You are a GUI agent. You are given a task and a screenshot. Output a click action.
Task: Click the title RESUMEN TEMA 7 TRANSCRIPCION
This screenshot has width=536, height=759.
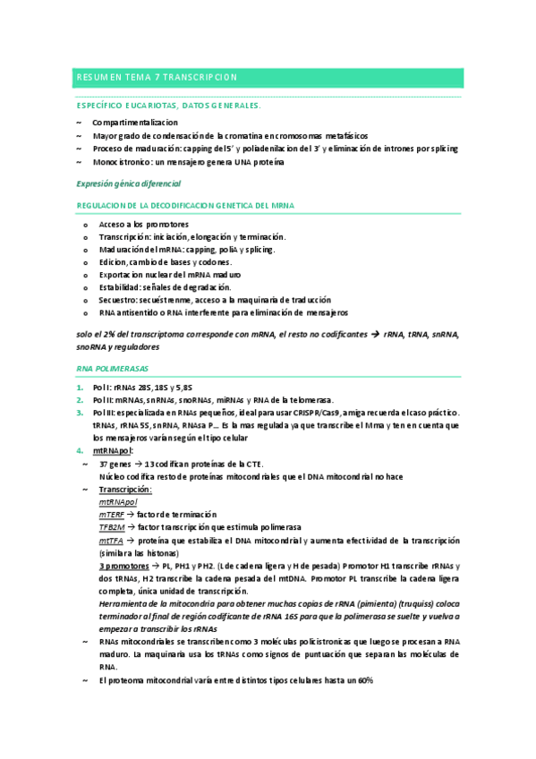coord(157,78)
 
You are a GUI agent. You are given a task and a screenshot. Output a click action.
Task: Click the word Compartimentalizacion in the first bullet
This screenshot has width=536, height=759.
coord(134,122)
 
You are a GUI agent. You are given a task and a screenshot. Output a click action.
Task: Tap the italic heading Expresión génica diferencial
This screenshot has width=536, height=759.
coord(129,183)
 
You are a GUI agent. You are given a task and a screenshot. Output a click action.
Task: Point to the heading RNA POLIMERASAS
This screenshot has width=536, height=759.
coord(113,368)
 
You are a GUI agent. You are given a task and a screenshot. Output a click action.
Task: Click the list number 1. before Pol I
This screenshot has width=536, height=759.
coord(79,387)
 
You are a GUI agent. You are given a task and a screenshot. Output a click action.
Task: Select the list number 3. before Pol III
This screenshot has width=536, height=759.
coord(79,413)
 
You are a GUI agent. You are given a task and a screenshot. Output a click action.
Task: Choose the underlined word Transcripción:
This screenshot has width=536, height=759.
coord(125,490)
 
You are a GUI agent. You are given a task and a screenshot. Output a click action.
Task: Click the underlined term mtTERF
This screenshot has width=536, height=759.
coord(112,516)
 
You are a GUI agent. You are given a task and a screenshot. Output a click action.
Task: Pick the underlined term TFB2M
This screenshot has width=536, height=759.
coord(112,528)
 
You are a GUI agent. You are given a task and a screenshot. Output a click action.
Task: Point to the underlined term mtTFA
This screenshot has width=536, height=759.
coord(111,542)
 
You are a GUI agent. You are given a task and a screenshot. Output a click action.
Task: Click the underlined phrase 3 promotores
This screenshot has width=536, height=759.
coord(123,567)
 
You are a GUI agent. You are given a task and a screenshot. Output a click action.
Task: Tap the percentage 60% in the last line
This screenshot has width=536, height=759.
coord(364,680)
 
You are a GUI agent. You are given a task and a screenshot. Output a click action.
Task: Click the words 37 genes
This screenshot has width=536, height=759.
coord(115,464)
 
